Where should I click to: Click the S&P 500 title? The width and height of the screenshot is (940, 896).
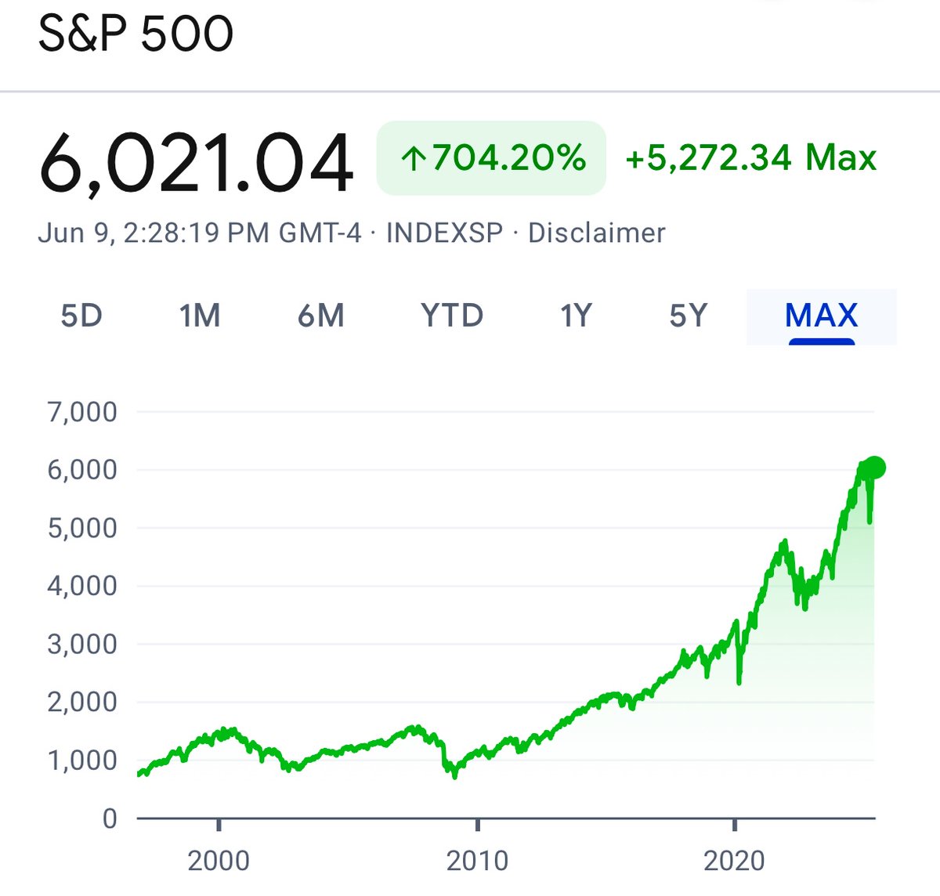point(136,34)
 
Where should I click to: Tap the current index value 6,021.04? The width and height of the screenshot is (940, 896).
point(196,163)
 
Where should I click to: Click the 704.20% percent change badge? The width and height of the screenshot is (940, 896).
point(491,158)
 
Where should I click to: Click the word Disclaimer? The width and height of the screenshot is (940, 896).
point(596,233)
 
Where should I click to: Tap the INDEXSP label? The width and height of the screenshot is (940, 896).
point(444,233)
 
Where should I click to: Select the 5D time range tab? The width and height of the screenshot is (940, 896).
point(81,316)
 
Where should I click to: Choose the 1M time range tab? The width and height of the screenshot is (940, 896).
point(199,316)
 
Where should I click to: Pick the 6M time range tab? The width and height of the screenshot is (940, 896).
point(321,316)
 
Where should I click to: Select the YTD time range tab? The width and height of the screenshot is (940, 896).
point(452,316)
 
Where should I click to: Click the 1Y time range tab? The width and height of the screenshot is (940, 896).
point(575,316)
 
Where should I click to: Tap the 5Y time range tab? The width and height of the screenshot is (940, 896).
point(688,316)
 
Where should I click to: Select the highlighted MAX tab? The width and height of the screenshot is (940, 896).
point(821,316)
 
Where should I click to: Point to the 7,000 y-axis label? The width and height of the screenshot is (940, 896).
point(82,411)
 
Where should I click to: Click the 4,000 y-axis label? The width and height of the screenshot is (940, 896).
point(82,585)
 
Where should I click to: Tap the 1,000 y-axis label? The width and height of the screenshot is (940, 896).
point(82,760)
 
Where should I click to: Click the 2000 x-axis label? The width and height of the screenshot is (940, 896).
point(219,861)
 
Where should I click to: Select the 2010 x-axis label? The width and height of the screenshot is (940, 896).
point(477,861)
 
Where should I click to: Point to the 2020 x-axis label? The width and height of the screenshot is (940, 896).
point(734,861)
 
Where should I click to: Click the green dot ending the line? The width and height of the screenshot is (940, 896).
point(874,468)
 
